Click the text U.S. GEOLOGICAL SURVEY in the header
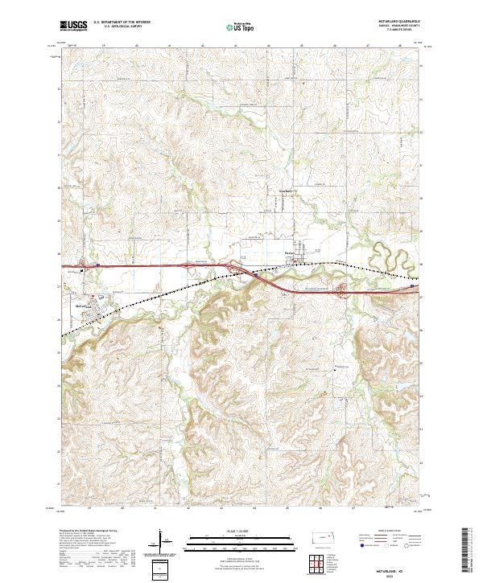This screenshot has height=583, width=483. (121, 27)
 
